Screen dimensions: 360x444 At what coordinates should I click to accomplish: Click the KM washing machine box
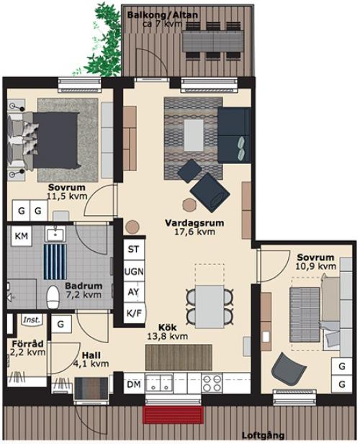[x=22, y=235]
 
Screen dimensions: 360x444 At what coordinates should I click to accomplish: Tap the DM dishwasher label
[x=134, y=384]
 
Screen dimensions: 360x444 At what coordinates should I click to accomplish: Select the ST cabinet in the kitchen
[x=133, y=249]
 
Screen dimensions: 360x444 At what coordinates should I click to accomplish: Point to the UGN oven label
[x=134, y=271]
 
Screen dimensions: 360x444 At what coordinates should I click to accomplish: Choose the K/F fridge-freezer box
[x=134, y=313]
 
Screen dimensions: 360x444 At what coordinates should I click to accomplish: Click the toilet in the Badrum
[x=53, y=296]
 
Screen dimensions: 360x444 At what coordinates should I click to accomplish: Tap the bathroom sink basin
[x=55, y=234]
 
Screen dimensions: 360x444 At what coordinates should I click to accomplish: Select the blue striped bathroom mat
[x=55, y=262]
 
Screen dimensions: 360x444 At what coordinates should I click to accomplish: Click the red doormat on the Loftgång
[x=174, y=414]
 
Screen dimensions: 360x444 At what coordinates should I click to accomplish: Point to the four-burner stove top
[x=212, y=383]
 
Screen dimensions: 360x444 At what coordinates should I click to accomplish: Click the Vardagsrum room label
[x=194, y=223]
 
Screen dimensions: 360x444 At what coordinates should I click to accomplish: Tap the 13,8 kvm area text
[x=167, y=336]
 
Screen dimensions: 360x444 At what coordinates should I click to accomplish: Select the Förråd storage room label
[x=27, y=344]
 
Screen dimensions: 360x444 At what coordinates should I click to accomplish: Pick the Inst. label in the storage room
[x=32, y=320]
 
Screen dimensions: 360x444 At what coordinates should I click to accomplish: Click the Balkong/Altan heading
[x=163, y=15]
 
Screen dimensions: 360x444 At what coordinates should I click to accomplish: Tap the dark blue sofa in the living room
[x=234, y=135]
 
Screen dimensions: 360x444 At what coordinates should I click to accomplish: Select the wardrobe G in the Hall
[x=61, y=324]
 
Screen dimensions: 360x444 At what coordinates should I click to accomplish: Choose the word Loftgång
[x=263, y=435]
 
